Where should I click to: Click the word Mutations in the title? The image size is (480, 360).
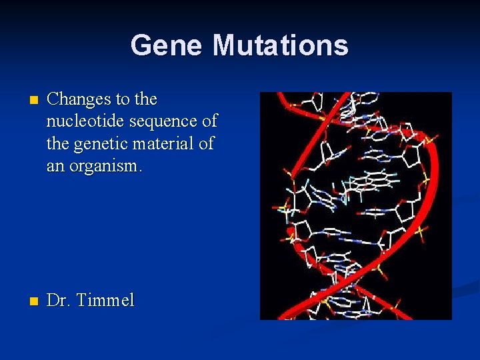[280, 45]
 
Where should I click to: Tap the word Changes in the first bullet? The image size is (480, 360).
[79, 99]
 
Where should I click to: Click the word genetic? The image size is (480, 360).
[101, 143]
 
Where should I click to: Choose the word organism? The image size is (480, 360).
[101, 165]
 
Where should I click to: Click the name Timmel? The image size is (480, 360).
[105, 301]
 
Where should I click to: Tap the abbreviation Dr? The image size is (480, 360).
[59, 301]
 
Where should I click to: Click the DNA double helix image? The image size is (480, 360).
[355, 205]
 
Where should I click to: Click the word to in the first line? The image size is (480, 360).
[123, 100]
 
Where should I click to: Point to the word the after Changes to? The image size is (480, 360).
[145, 99]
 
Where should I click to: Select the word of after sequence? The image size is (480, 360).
[209, 121]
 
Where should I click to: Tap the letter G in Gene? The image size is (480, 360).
[141, 45]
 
